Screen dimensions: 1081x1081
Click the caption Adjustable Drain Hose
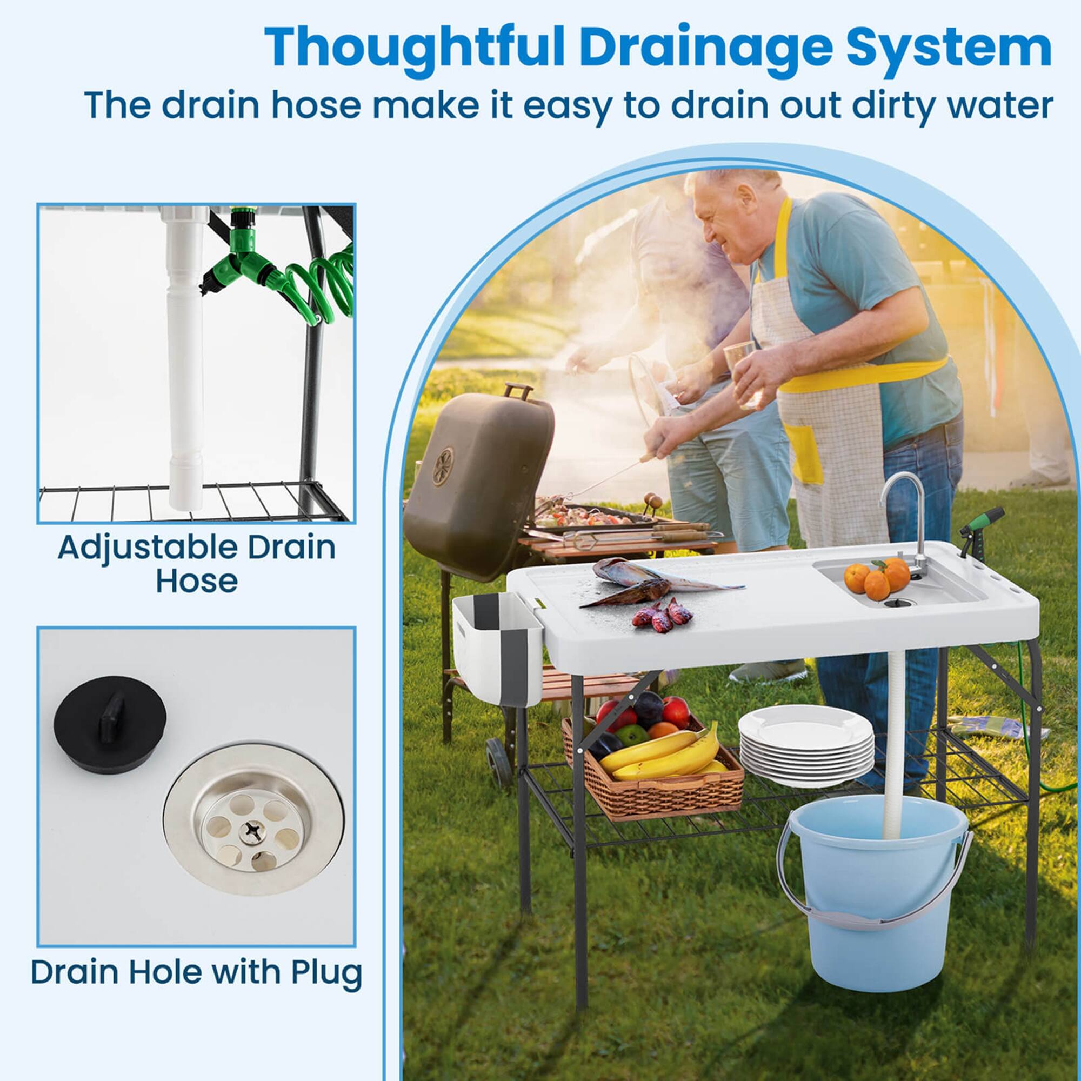[196, 563]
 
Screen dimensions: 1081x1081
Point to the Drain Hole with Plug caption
[196, 972]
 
